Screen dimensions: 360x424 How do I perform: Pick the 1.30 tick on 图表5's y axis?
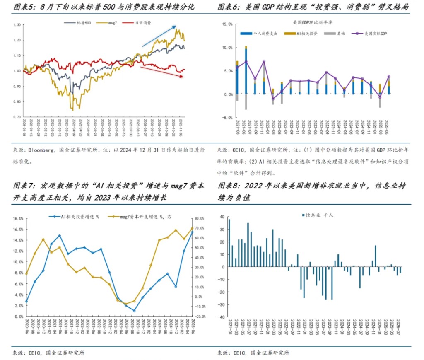[17, 25]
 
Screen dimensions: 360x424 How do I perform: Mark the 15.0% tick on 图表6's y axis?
[227, 24]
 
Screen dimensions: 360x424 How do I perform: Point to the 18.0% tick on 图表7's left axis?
[18, 219]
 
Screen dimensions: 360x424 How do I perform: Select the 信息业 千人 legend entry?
[319, 215]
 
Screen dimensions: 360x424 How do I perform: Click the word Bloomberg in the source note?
[39, 150]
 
